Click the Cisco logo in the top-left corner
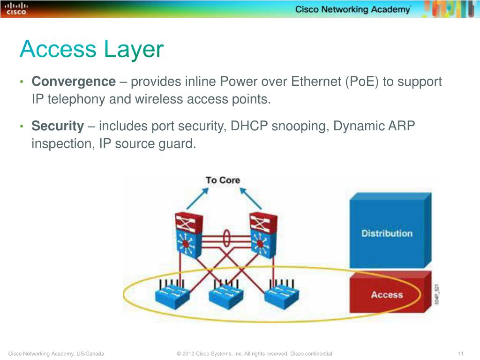click(16, 8)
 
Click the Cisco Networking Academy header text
click(352, 10)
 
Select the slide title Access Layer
click(92, 50)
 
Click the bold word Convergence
click(74, 82)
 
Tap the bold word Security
click(57, 126)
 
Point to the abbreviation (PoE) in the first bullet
click(362, 82)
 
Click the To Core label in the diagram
click(223, 180)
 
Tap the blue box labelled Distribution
click(387, 233)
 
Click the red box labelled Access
click(387, 295)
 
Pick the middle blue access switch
click(225, 294)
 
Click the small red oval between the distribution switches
click(226, 238)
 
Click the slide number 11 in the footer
click(460, 353)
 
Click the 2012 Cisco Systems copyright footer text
click(255, 353)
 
